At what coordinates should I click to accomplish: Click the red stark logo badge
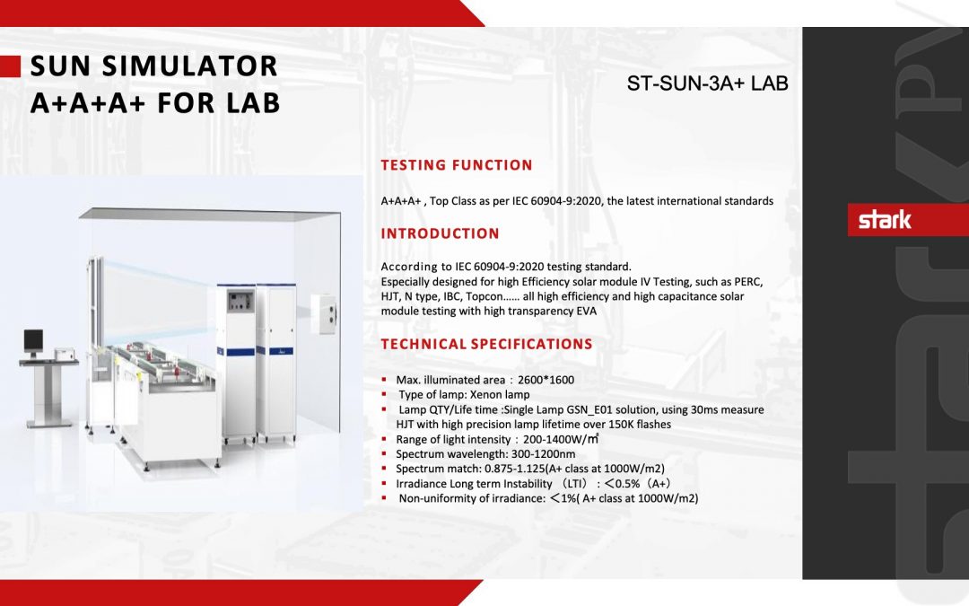(885, 220)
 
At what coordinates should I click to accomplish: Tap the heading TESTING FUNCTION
(457, 165)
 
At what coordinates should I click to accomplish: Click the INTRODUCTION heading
(440, 233)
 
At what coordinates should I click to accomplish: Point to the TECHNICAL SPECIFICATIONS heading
(486, 344)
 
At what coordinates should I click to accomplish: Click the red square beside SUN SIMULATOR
(10, 66)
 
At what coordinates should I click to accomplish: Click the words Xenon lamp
(500, 394)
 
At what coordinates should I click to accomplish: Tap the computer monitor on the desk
(32, 340)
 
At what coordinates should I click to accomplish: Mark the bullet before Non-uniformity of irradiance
(384, 498)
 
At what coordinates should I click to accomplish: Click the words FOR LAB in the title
(219, 103)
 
